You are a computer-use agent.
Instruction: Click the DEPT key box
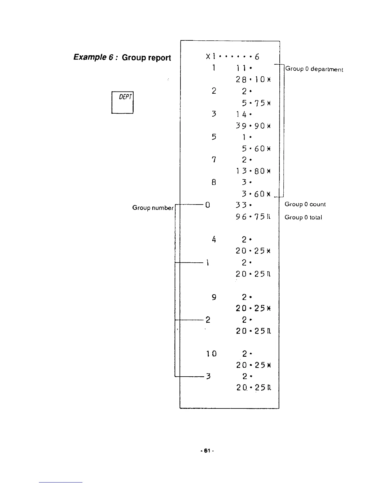(122, 103)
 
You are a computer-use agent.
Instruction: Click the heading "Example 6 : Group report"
(122, 58)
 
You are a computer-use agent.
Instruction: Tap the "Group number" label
(153, 208)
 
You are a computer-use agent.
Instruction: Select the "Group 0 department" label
(314, 69)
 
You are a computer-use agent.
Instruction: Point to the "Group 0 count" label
(305, 204)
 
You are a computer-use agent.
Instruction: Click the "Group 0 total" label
(303, 217)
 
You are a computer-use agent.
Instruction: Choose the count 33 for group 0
(244, 205)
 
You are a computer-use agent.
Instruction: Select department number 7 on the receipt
(214, 160)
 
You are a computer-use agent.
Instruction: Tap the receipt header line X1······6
(233, 57)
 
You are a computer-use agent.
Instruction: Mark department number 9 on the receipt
(214, 297)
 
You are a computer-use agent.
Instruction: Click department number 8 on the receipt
(214, 182)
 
